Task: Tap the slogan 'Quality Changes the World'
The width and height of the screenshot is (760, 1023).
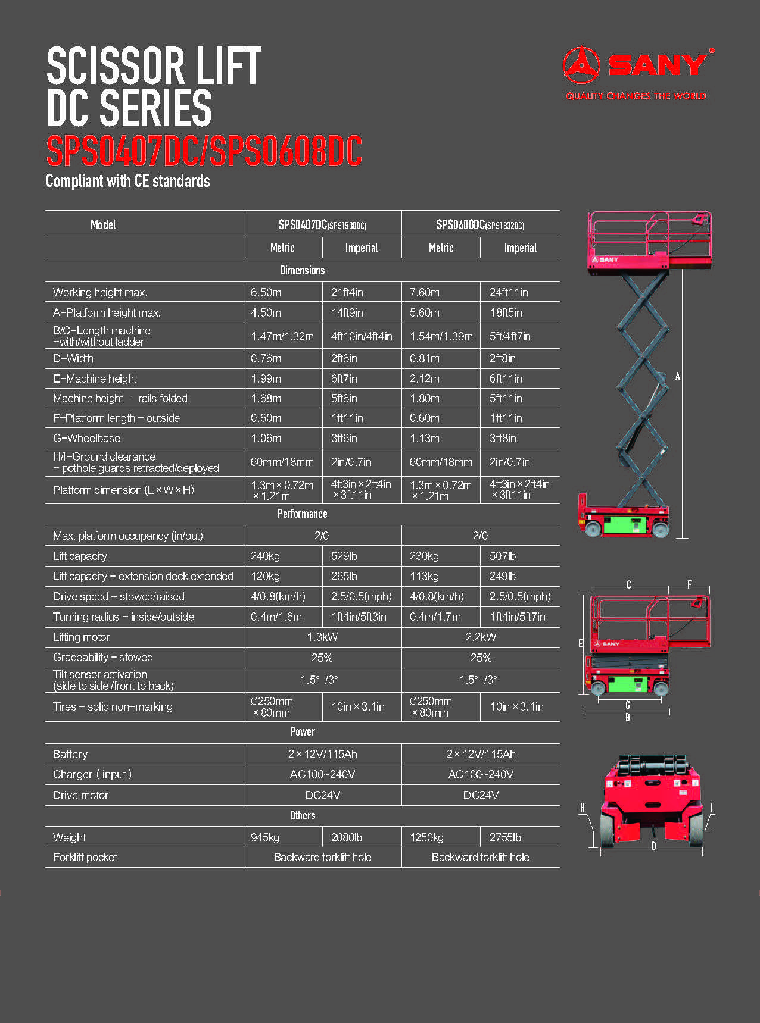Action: pos(636,96)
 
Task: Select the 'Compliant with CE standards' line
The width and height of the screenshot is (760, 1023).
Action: pos(128,181)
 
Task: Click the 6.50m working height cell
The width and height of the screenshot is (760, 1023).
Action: pos(266,292)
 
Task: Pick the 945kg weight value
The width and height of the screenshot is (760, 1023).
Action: pos(265,837)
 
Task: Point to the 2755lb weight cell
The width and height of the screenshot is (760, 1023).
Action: pos(505,837)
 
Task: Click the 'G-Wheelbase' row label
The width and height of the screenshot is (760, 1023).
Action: pos(86,438)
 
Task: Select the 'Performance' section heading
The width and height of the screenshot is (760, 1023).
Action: pos(302,514)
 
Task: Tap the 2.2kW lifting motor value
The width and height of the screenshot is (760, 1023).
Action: pos(481,637)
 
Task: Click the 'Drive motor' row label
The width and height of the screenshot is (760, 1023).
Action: pos(80,795)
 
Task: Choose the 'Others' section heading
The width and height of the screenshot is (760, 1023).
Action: pos(302,815)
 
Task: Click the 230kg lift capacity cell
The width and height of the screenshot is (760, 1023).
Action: pos(424,556)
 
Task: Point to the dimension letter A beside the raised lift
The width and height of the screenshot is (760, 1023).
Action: pos(677,377)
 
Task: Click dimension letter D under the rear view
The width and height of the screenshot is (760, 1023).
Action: pos(653,846)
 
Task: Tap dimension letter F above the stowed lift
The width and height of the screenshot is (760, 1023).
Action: pos(689,584)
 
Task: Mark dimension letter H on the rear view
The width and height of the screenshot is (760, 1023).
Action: pos(583,808)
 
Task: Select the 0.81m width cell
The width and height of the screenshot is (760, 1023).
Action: pos(424,358)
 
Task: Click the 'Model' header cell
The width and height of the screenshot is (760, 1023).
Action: pos(103,224)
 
